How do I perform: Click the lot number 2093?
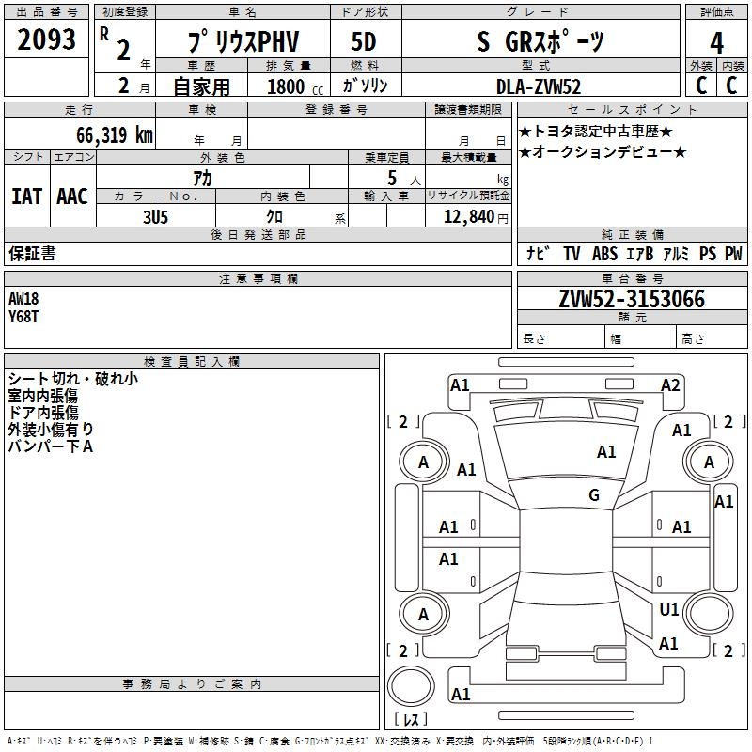pos(47,41)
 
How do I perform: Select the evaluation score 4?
pos(716,42)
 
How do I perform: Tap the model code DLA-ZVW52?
pos(539,86)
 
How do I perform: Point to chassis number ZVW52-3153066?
pos(632,299)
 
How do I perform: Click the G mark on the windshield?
pos(594,495)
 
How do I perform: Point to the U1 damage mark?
pos(669,610)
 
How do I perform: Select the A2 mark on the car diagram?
pos(670,384)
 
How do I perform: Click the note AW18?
pos(24,299)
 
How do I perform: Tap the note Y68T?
pos(23,316)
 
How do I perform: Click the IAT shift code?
pos(26,196)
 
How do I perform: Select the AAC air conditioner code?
pos(72,196)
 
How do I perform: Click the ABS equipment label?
pos(604,254)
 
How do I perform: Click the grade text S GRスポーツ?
pos(540,42)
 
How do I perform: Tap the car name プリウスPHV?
pos(242,42)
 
